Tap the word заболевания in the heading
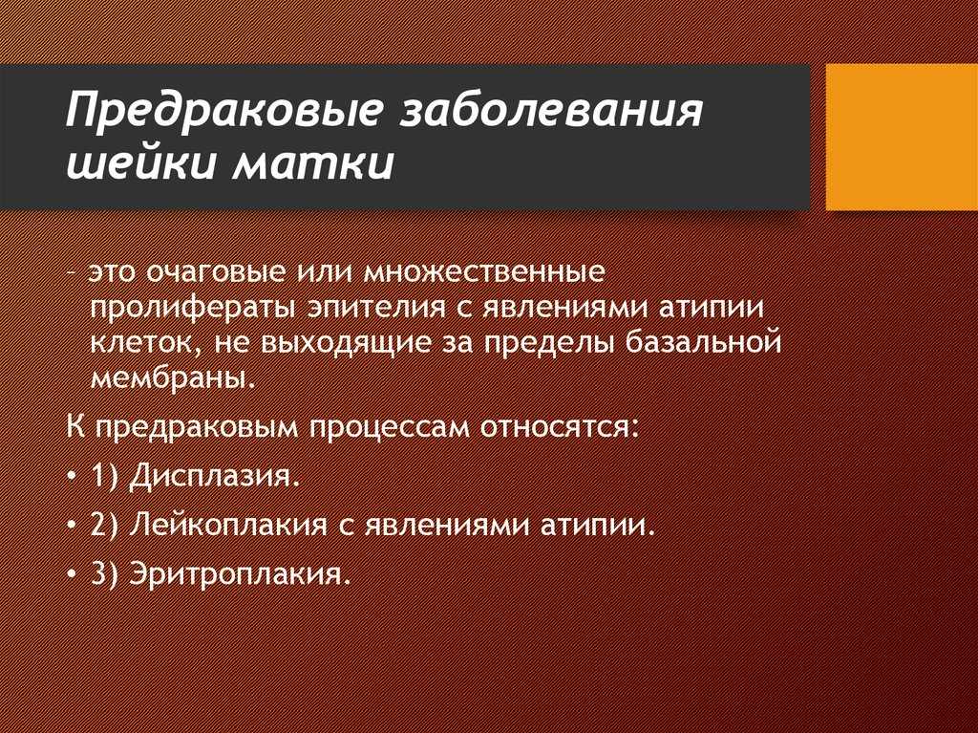552,110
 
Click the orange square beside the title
902,137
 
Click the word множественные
483,272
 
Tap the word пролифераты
189,309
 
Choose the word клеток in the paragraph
146,344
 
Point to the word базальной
703,342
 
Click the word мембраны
173,378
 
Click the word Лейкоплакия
228,525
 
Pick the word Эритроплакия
237,574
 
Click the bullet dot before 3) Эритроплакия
73,573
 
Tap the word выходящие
346,344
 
